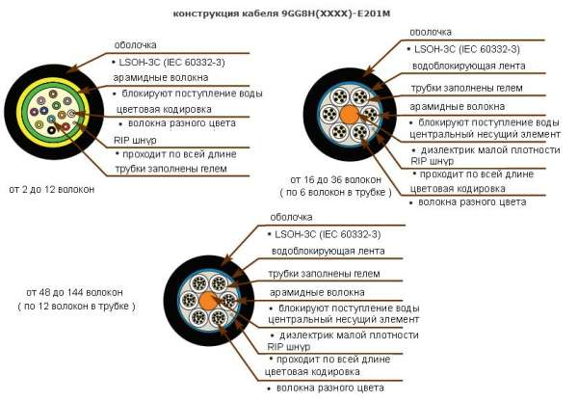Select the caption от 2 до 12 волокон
(x=52, y=189)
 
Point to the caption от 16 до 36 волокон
(x=336, y=179)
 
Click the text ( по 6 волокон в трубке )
(x=335, y=192)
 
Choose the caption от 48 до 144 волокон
(x=74, y=292)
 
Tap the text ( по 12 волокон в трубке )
(x=77, y=307)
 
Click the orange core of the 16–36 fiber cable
(x=349, y=114)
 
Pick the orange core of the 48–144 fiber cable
(x=208, y=301)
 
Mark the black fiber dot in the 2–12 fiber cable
(x=51, y=130)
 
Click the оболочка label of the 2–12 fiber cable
(x=135, y=45)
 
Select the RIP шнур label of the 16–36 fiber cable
(x=432, y=161)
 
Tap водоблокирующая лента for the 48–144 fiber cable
(x=328, y=252)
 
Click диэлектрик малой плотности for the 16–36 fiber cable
(x=490, y=150)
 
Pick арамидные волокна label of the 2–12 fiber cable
(x=161, y=78)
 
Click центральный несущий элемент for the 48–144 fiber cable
(x=344, y=319)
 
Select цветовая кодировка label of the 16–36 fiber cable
(x=458, y=189)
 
